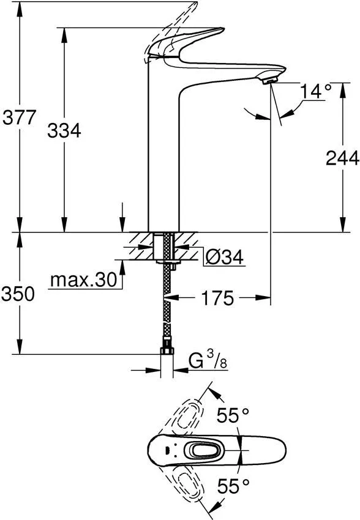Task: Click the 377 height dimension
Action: click(x=18, y=117)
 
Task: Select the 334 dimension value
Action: click(x=64, y=130)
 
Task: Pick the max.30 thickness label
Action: click(x=83, y=280)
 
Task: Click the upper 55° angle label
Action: click(x=233, y=416)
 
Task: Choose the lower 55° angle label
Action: click(x=233, y=486)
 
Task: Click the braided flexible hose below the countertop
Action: click(x=166, y=306)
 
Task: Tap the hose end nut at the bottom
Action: click(x=166, y=352)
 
